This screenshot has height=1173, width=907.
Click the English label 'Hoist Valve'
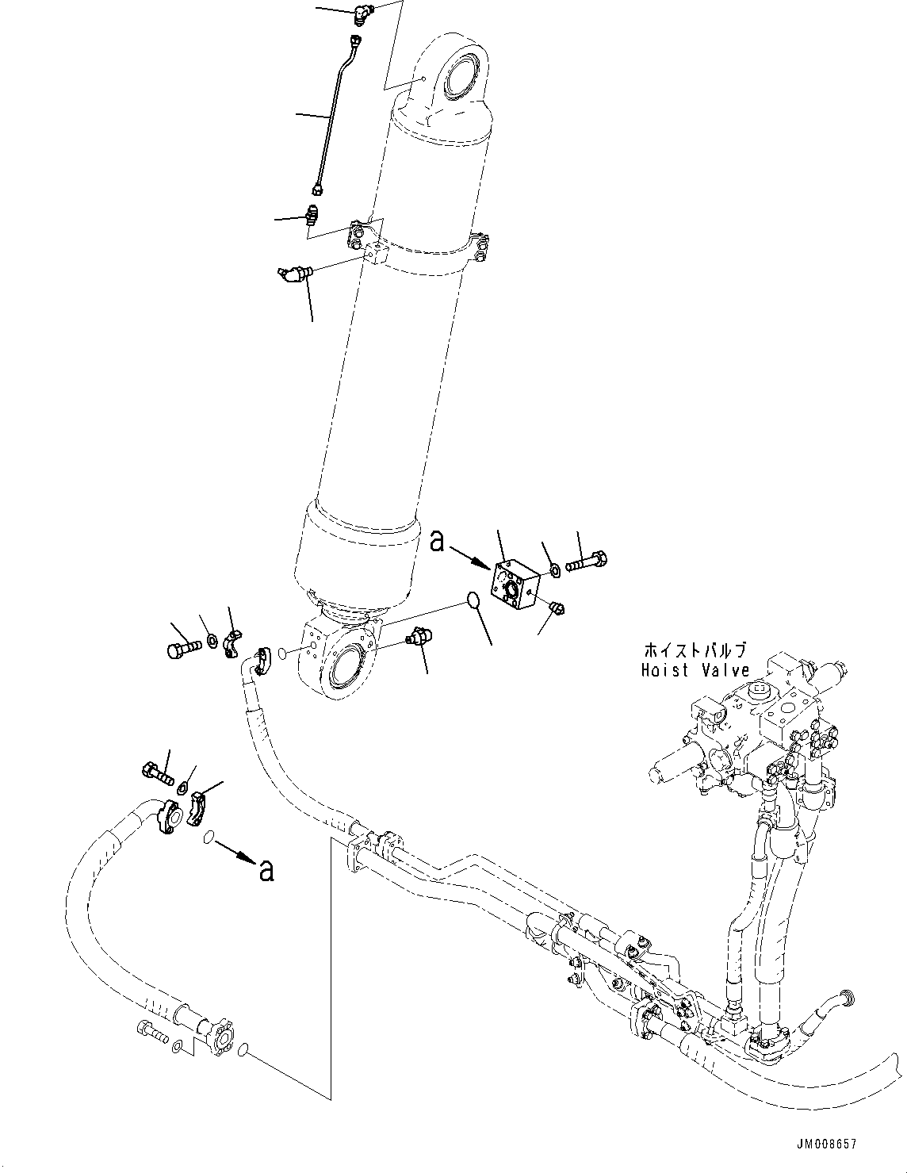pos(695,670)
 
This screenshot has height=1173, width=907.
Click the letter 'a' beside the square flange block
pos(438,542)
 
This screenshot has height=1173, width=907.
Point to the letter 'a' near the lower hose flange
pos(266,871)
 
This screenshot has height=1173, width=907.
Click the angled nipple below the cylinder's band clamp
pos(295,274)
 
